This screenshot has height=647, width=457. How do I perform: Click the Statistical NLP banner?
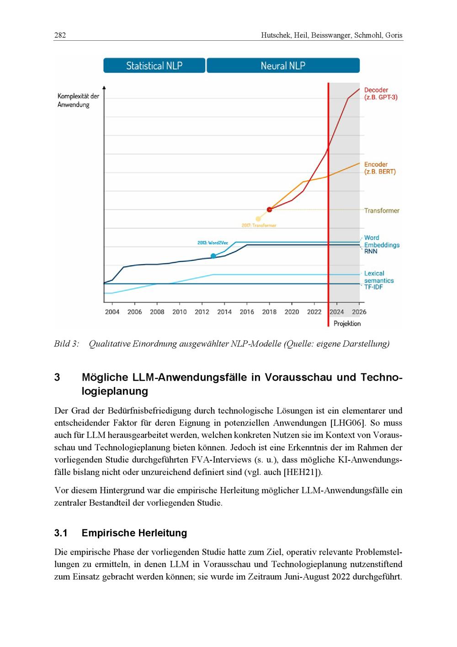pyautogui.click(x=154, y=65)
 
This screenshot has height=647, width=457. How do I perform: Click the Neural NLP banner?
pyautogui.click(x=283, y=65)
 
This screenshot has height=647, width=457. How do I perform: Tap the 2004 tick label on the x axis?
pyautogui.click(x=112, y=312)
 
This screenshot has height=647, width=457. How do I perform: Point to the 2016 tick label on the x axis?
pyautogui.click(x=247, y=312)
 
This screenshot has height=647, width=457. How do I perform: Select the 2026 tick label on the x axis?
pyautogui.click(x=359, y=312)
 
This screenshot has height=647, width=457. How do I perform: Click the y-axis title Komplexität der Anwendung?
pyautogui.click(x=78, y=100)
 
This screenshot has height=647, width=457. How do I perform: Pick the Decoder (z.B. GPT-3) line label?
pyautogui.click(x=380, y=94)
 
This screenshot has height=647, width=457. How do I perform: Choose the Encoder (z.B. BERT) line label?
pyautogui.click(x=380, y=168)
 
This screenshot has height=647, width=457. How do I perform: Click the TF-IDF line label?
pyautogui.click(x=373, y=287)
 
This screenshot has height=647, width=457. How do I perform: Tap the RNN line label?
pyautogui.click(x=371, y=251)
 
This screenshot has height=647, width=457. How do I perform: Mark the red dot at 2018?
pyautogui.click(x=269, y=210)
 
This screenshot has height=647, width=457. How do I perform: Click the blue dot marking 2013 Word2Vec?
pyautogui.click(x=213, y=256)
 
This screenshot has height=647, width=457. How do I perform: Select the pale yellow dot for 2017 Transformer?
pyautogui.click(x=258, y=219)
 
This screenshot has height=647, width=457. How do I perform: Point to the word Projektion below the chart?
pyautogui.click(x=347, y=323)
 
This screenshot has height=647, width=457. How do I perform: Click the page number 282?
pyautogui.click(x=60, y=35)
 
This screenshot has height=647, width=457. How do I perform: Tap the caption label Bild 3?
pyautogui.click(x=67, y=344)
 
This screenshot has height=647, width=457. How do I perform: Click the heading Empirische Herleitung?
pyautogui.click(x=134, y=533)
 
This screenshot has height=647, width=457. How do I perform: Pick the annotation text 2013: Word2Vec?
pyautogui.click(x=213, y=243)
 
